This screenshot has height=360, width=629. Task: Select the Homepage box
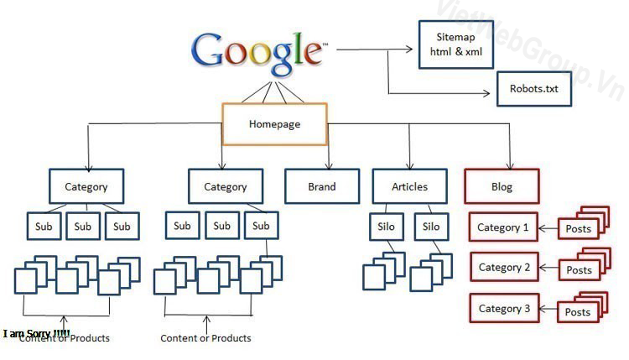pyautogui.click(x=274, y=124)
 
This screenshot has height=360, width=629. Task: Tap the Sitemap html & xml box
pyautogui.click(x=455, y=44)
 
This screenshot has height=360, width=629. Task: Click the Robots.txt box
pyautogui.click(x=533, y=88)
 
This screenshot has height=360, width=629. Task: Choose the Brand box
pyautogui.click(x=321, y=187)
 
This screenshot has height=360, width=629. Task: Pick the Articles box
pyautogui.click(x=409, y=187)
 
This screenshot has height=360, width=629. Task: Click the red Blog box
pyautogui.click(x=502, y=187)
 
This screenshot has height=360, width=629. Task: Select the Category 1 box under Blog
pyautogui.click(x=503, y=227)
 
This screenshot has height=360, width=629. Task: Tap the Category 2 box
pyautogui.click(x=503, y=268)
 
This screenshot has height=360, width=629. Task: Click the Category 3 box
pyautogui.click(x=503, y=309)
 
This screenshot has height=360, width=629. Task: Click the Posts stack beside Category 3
pyautogui.click(x=580, y=309)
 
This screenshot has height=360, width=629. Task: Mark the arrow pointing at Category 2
pyautogui.click(x=548, y=269)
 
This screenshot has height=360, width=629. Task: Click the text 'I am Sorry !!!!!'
pyautogui.click(x=37, y=334)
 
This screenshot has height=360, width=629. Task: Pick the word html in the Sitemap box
pyautogui.click(x=440, y=52)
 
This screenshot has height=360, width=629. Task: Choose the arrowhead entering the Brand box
pyautogui.click(x=330, y=165)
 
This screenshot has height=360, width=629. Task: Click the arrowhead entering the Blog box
pyautogui.click(x=509, y=165)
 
